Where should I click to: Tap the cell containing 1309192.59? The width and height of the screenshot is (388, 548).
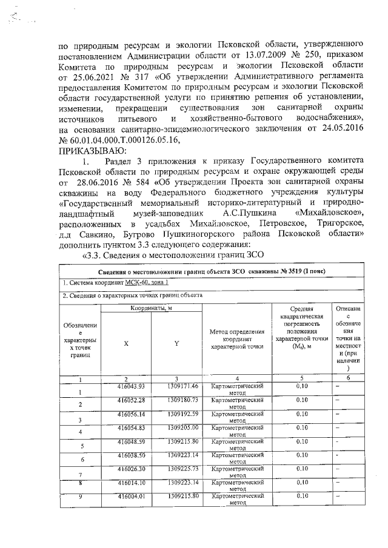(183, 414)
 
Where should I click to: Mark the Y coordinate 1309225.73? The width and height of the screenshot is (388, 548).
(183, 468)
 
